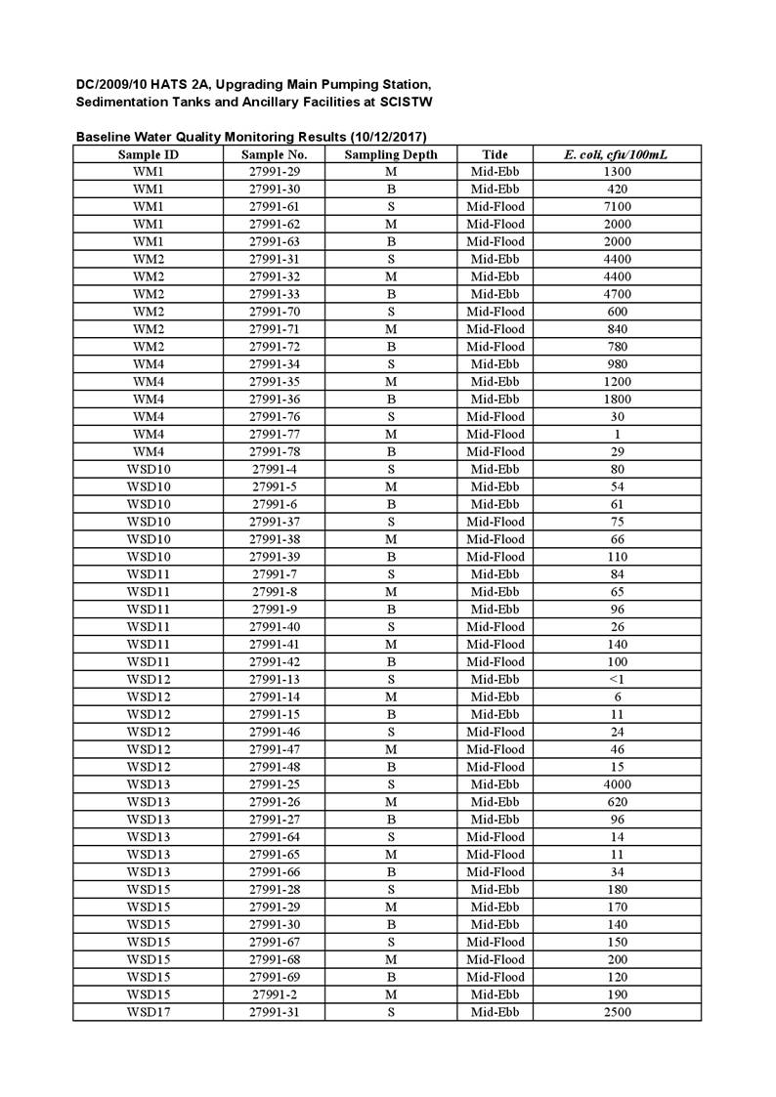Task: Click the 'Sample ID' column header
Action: click(148, 154)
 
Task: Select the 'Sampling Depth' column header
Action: click(391, 154)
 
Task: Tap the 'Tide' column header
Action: click(495, 154)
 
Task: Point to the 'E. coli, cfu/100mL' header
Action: click(617, 154)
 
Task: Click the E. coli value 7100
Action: click(617, 206)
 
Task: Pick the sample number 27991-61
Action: click(274, 206)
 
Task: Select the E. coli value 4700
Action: click(617, 294)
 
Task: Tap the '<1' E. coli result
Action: click(617, 679)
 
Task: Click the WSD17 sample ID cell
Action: click(148, 1012)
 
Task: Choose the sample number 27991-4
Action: click(274, 469)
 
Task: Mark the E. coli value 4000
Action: click(617, 784)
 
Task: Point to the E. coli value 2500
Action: click(617, 1012)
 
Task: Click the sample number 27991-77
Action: click(274, 434)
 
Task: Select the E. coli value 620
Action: click(617, 802)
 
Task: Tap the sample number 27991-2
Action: click(274, 994)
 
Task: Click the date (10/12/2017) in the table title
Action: click(388, 137)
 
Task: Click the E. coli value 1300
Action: click(617, 172)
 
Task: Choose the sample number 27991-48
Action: click(274, 767)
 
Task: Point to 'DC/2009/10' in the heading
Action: click(111, 84)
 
